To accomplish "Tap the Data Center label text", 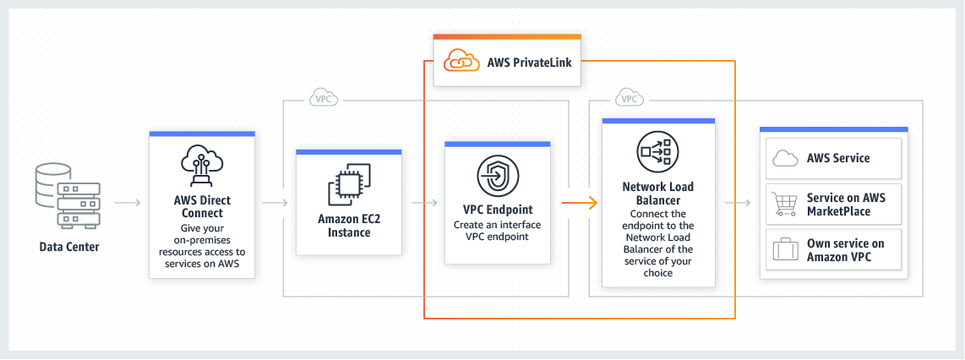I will tap(69, 247).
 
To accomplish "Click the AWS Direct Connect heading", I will tap(201, 207).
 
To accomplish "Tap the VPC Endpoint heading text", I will tap(498, 209).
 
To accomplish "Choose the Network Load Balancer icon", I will tap(657, 151).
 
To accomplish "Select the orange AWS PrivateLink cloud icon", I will tap(461, 62).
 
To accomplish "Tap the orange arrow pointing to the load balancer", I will tap(581, 203).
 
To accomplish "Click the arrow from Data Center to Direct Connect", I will tap(128, 203).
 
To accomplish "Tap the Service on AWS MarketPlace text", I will tap(846, 204).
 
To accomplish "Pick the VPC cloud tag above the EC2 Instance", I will tap(323, 98).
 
